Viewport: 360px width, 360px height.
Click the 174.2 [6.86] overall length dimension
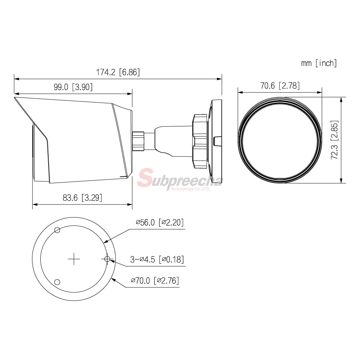[118, 72]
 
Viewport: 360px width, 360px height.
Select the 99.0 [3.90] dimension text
[73, 87]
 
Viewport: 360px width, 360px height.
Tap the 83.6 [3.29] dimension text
[82, 197]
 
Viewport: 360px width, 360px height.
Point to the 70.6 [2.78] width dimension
[280, 86]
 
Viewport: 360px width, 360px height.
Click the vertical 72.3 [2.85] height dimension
[334, 140]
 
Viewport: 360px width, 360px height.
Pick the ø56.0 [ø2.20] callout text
[160, 222]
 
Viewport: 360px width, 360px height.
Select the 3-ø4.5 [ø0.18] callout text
[157, 260]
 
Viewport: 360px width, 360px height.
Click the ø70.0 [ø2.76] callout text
[155, 280]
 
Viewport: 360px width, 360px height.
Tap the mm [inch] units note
[319, 63]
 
